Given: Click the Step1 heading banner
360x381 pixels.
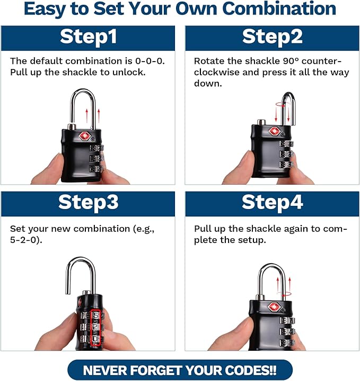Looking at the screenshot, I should coord(87,37).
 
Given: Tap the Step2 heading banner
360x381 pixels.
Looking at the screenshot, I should coord(272,37).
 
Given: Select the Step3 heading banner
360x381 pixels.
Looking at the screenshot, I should coord(87,203).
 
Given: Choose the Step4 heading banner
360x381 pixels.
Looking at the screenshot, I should coord(272,203).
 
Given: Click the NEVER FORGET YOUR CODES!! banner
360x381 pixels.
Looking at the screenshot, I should coord(180,369).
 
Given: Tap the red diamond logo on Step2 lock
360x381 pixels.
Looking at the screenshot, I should coord(274,131).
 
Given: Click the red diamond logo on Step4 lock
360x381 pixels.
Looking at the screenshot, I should coord(274,307).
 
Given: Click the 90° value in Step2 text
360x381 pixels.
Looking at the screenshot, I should coord(277,61).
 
